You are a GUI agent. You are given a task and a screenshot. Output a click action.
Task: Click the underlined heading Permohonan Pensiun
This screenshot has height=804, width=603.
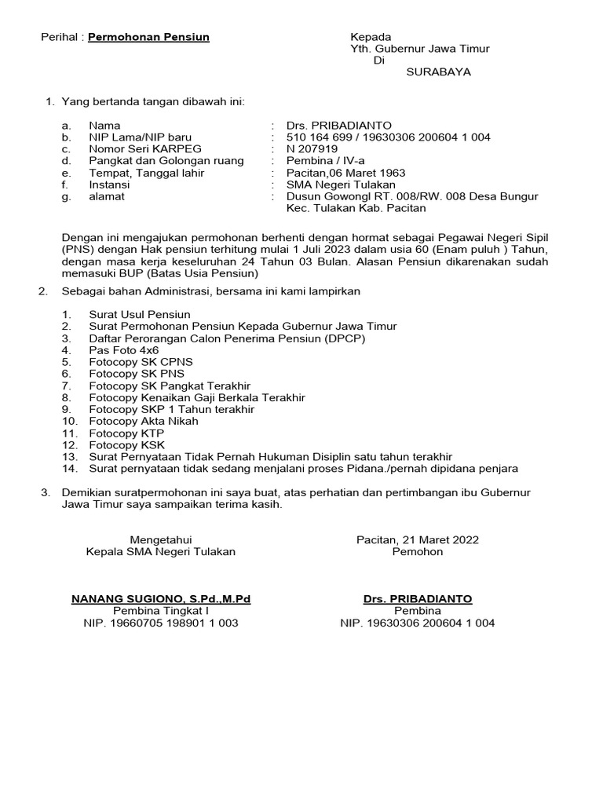tap(148, 37)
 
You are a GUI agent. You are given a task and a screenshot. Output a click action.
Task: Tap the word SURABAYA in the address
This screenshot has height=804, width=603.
tap(439, 72)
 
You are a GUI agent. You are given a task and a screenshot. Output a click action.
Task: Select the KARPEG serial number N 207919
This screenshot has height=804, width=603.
tap(312, 149)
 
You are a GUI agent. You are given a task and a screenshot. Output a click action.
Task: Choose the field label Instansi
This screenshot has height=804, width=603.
tap(111, 185)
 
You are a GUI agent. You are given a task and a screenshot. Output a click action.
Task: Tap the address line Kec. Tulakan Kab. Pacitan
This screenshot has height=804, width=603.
tap(356, 209)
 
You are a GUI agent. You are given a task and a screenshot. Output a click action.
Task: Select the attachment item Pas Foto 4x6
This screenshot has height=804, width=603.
tap(124, 349)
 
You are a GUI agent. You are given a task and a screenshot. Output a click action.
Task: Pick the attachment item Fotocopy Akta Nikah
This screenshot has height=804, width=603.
tap(144, 421)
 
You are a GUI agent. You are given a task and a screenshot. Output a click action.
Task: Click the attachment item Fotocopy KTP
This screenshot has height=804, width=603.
tap(126, 433)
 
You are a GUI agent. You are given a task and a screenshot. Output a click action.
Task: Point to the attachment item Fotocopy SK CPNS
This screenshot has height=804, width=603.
tap(141, 362)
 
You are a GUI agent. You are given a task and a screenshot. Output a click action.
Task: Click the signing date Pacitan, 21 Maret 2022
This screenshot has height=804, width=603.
tap(418, 539)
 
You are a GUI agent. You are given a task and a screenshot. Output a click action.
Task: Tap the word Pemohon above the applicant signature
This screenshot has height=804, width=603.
tap(418, 552)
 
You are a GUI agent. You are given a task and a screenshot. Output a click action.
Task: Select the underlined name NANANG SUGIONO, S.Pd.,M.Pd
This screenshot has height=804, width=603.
tap(161, 599)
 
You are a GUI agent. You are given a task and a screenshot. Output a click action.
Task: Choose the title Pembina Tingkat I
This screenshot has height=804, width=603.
tap(160, 611)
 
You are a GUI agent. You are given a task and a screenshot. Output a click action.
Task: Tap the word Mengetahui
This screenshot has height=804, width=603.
tap(160, 539)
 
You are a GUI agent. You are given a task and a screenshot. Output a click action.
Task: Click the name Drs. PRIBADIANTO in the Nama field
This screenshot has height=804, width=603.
tap(338, 126)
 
